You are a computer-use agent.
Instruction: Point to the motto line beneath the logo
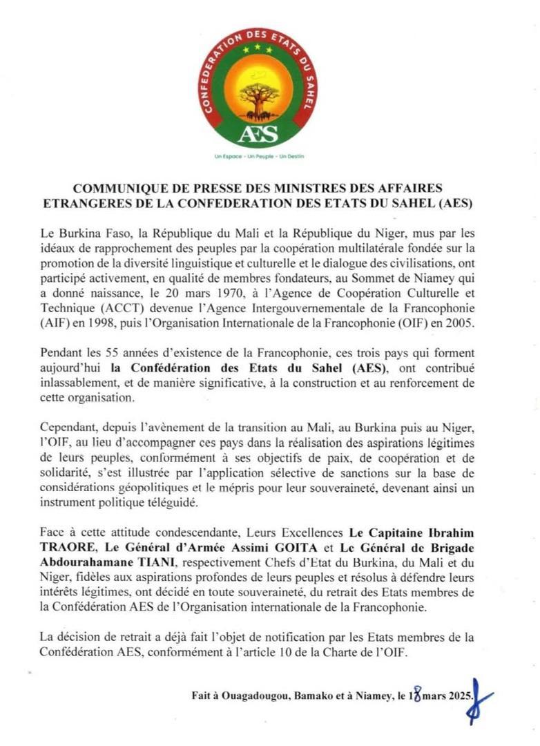260,157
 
